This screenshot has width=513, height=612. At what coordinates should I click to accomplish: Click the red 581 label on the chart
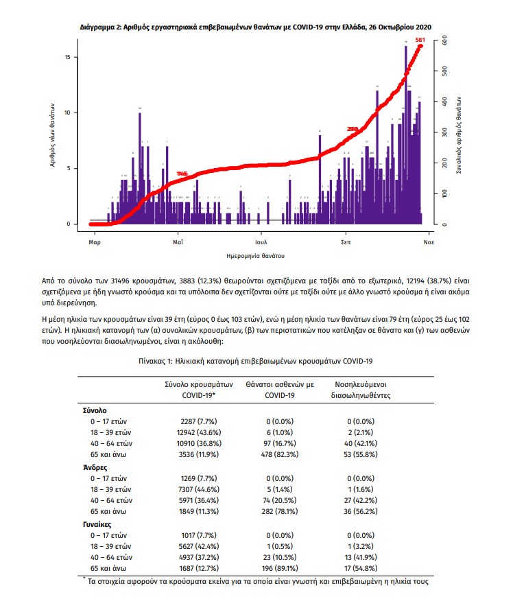pyautogui.click(x=420, y=40)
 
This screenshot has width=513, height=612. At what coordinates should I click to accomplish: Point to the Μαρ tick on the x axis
pyautogui.click(x=95, y=243)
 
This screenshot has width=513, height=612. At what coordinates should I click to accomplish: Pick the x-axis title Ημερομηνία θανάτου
pyautogui.click(x=255, y=255)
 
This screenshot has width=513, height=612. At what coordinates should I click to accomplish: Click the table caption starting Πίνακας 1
pyautogui.click(x=256, y=360)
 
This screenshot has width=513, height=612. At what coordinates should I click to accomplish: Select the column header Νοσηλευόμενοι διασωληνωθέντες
pyautogui.click(x=361, y=389)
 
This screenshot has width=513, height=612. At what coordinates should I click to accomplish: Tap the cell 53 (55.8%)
pyautogui.click(x=361, y=455)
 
